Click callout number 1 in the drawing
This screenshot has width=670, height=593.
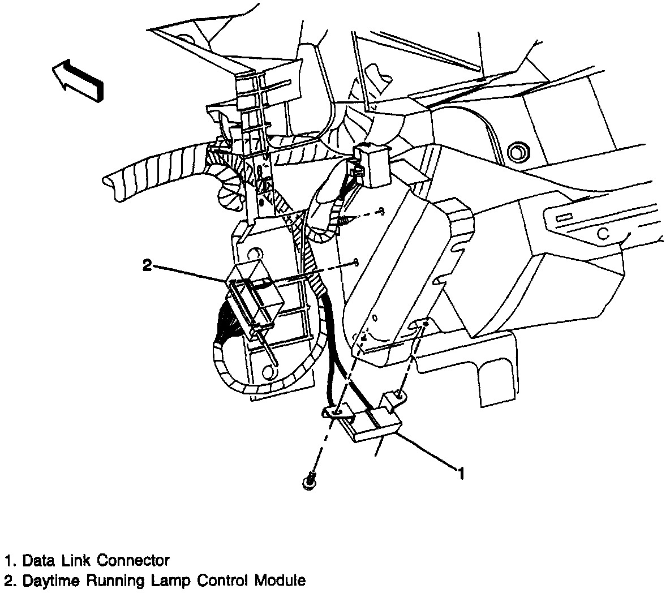[x=461, y=473]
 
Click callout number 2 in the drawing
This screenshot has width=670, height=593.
[x=147, y=265]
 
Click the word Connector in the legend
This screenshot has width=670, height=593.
[x=134, y=561]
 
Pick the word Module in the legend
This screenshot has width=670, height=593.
[x=280, y=581]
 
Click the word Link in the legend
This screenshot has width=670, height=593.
[x=80, y=561]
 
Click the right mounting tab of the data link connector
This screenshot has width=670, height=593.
[x=396, y=398]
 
